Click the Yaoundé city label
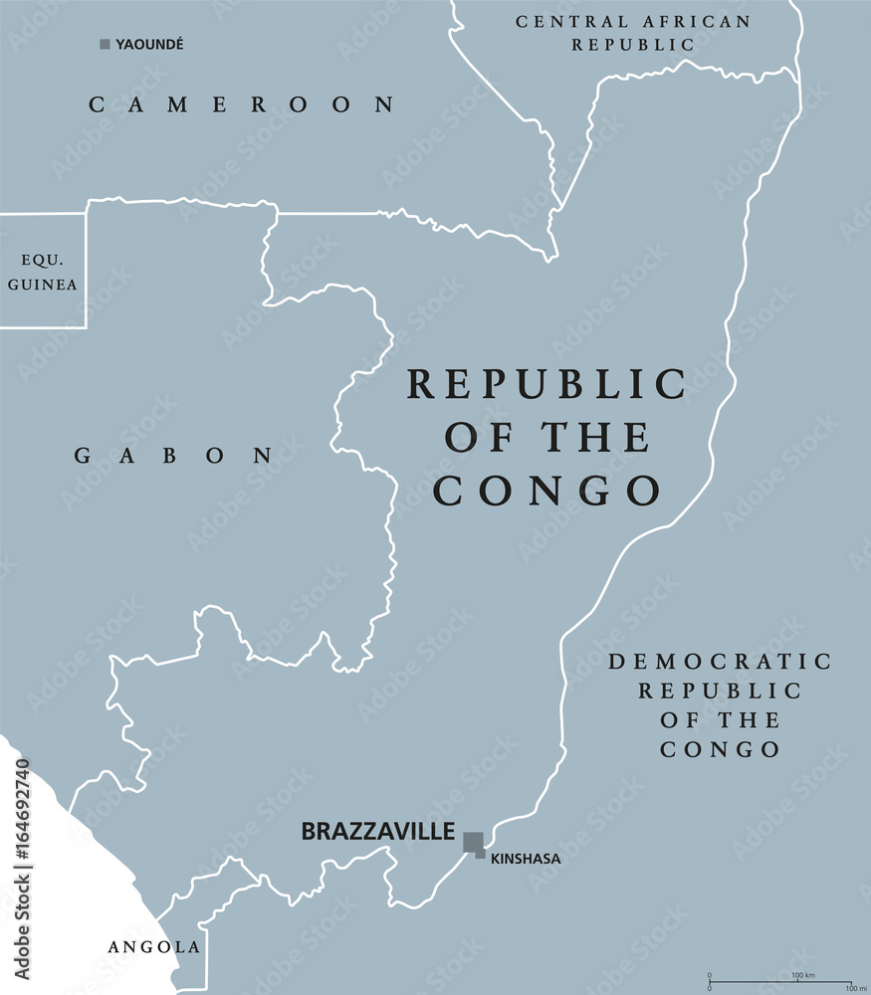(x=150, y=44)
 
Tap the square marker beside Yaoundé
(x=105, y=44)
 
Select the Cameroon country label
(x=242, y=104)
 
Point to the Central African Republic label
(x=633, y=33)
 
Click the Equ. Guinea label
(x=43, y=272)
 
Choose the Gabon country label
(x=174, y=456)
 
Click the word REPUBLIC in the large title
(x=546, y=384)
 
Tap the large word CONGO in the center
(x=546, y=491)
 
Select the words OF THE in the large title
(x=546, y=438)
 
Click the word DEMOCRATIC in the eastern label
(x=720, y=661)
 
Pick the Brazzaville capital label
(x=378, y=831)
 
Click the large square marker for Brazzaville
(x=473, y=842)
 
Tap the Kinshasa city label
(x=526, y=859)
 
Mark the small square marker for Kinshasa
(x=481, y=854)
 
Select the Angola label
(x=153, y=947)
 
